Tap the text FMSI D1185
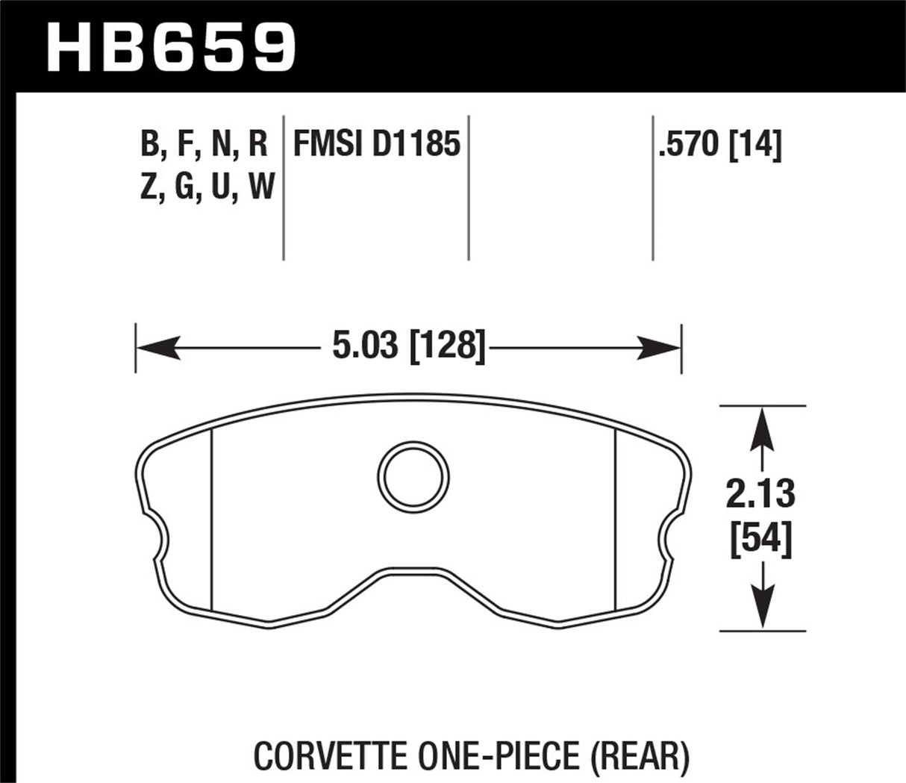click(x=376, y=144)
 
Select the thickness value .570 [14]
click(x=719, y=144)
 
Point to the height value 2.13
click(x=761, y=495)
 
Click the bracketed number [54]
click(x=761, y=539)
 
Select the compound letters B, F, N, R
click(x=204, y=144)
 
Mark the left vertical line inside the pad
click(x=213, y=522)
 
